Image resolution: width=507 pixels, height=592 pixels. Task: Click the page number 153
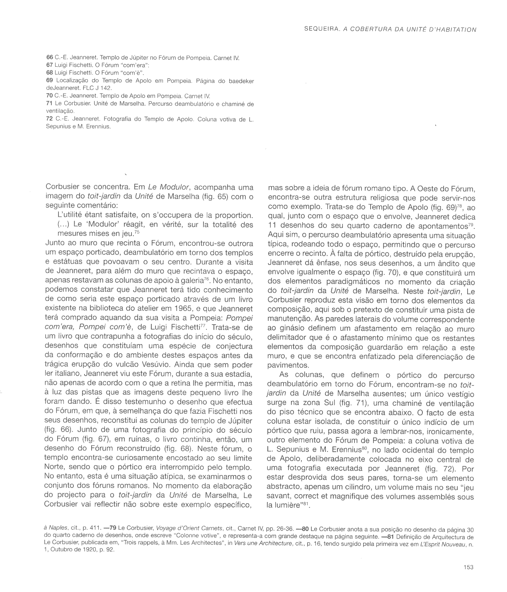point(468,568)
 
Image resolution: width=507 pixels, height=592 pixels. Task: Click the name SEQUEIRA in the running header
point(320,29)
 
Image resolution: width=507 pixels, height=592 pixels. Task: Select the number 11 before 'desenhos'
point(272,226)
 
